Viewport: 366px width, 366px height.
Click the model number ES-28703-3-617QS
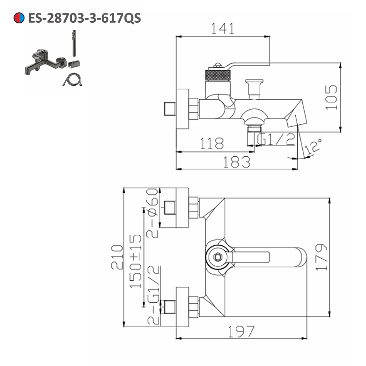coord(85,18)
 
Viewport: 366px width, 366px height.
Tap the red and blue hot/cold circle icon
coord(19,18)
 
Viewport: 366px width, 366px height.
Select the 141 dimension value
coord(223,29)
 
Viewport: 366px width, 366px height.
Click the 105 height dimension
coord(331,97)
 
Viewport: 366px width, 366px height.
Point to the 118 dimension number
coord(212,143)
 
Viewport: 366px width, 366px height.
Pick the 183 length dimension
coord(237,162)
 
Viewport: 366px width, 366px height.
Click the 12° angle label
coord(314,146)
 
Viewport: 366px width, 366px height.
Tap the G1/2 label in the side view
coord(276,139)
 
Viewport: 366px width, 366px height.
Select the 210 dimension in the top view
coord(117,257)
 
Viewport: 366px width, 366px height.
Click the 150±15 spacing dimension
coord(135,261)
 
